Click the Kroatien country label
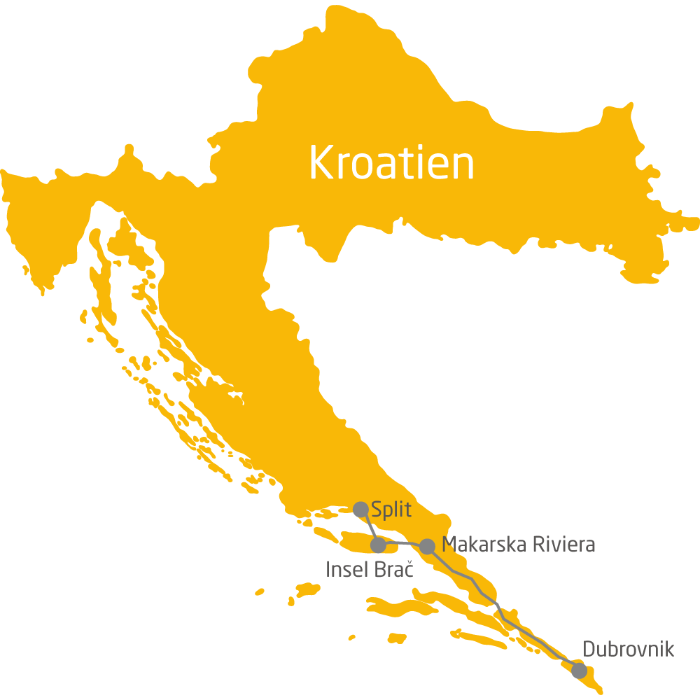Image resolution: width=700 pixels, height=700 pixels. pos(391,163)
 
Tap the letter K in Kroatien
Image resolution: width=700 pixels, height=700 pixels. pos(319,163)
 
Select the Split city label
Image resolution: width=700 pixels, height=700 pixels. pos(391,509)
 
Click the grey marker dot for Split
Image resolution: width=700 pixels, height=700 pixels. pos(360,509)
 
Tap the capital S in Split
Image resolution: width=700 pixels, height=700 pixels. pos(377,508)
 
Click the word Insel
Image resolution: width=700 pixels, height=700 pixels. pos(346,569)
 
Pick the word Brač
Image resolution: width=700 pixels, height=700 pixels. pos(393,569)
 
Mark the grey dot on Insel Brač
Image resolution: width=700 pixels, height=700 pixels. pos(378,545)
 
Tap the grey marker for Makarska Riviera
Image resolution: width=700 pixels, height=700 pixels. pos(427,546)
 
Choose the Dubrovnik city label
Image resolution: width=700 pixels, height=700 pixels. pos(628,650)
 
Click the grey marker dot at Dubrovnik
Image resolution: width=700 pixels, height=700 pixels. pos(579,670)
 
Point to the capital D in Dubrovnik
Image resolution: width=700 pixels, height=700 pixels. pos(588,650)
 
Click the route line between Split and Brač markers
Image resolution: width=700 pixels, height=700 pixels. pos(369,526)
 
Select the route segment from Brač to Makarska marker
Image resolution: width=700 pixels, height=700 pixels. pos(402,544)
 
